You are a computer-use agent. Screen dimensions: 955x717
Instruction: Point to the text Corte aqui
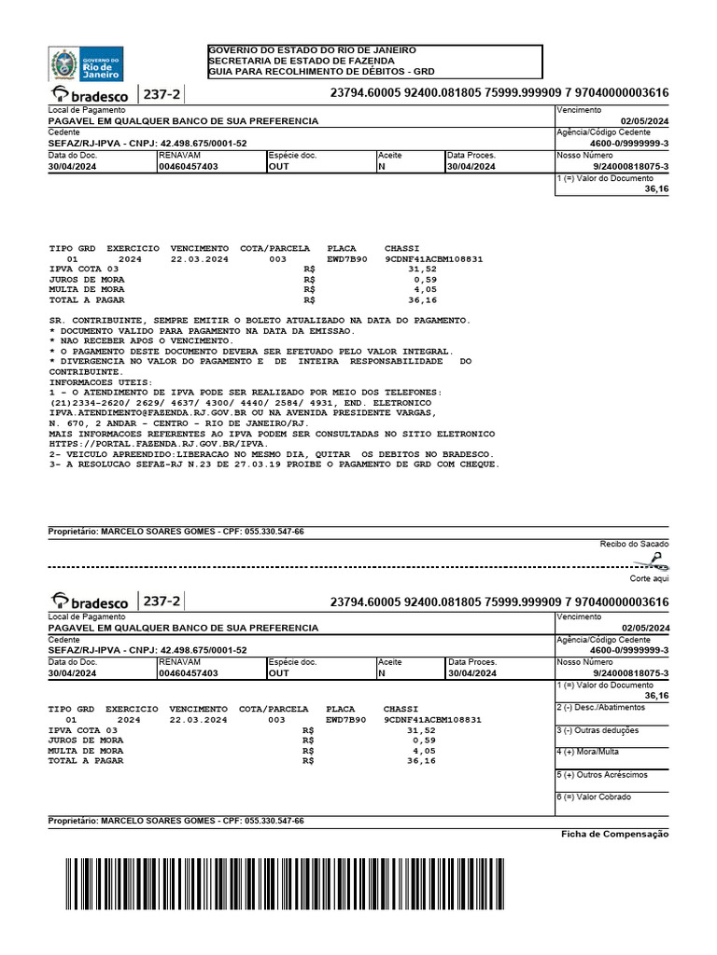pos(650,578)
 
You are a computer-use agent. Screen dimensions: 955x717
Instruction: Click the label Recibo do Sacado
pos(634,543)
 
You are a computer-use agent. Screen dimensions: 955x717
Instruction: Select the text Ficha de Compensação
pos(614,834)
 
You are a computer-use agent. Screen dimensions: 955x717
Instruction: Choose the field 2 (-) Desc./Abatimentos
pos(600,707)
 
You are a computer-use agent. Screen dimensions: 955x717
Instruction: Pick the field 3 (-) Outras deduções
pos(597,730)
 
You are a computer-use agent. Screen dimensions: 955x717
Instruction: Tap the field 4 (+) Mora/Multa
pos(587,752)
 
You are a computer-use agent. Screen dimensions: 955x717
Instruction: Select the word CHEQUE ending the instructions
pos(475,464)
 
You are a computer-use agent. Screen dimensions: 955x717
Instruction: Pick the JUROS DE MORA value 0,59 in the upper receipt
pos(425,279)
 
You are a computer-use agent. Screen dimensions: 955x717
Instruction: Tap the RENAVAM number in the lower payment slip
pos(189,672)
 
